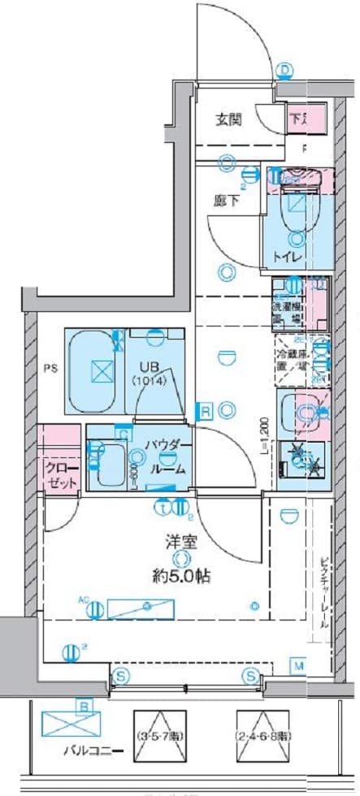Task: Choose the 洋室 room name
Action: click(183, 539)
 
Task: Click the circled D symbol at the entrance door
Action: click(285, 71)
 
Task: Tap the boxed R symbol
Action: click(207, 411)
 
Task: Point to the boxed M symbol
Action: click(299, 668)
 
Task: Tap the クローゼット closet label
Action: click(60, 476)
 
